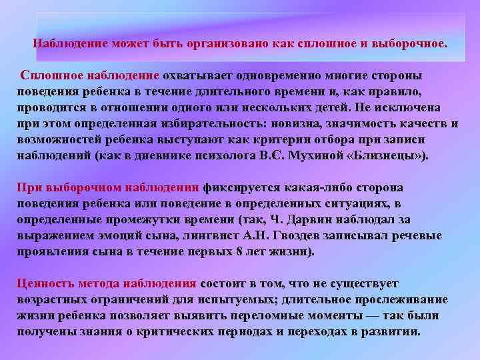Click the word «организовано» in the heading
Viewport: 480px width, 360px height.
point(221,43)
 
